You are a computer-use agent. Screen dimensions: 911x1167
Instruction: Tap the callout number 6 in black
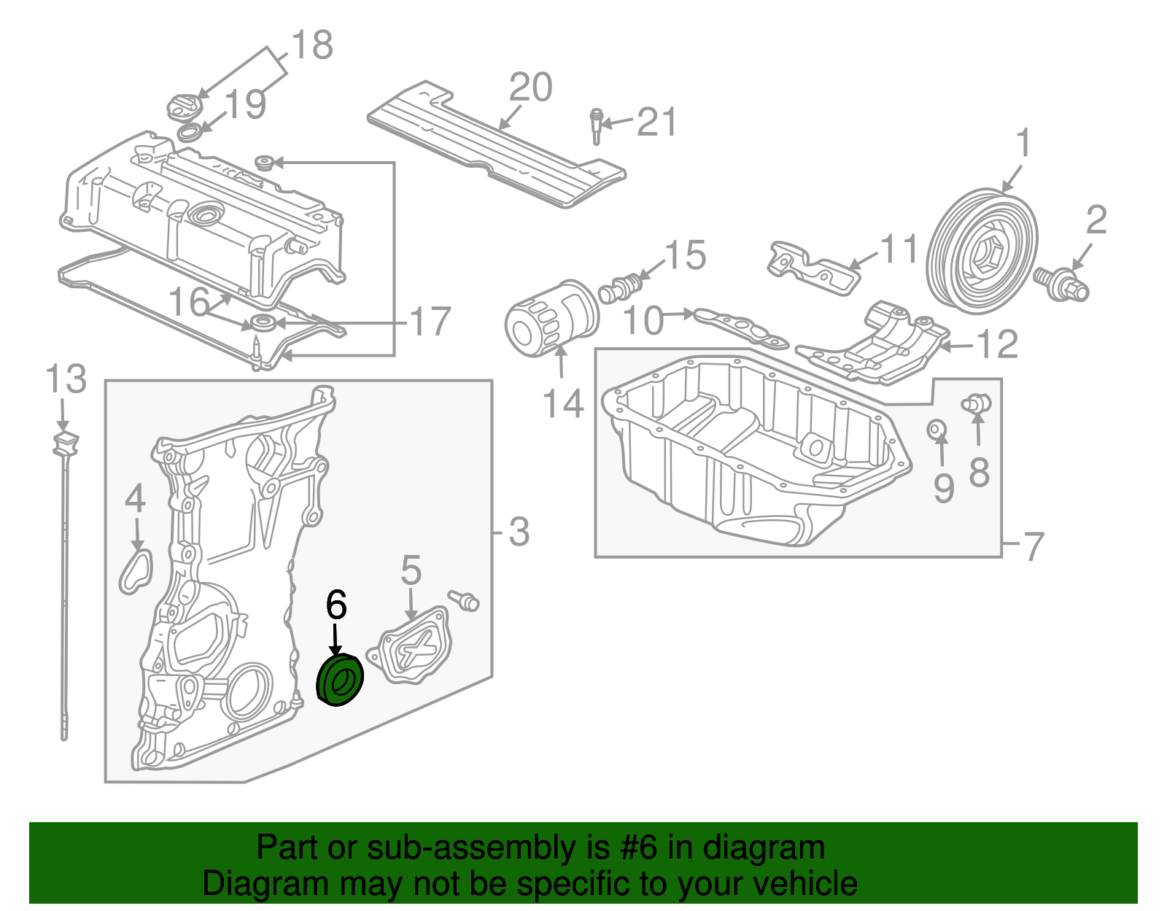(x=336, y=605)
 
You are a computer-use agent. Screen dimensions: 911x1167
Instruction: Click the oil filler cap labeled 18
(x=183, y=108)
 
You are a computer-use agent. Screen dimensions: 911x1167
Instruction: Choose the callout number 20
(x=531, y=88)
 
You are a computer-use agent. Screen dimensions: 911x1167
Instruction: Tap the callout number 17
(x=430, y=322)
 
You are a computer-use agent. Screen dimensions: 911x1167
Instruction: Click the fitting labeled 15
(x=620, y=287)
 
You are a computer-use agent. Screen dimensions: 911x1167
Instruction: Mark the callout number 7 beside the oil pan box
(x=1034, y=546)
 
